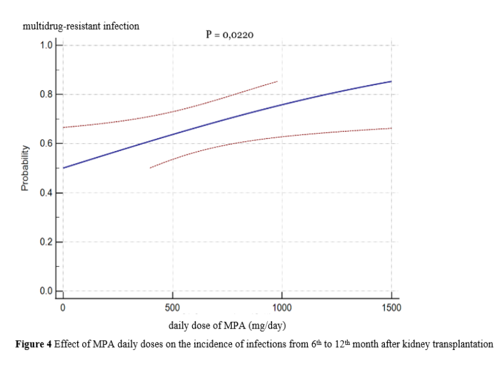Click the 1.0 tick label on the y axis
click(46, 45)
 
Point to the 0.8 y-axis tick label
click(46, 94)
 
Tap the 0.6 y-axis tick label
click(46, 143)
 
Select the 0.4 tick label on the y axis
click(46, 193)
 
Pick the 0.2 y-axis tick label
click(46, 242)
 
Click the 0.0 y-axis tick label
click(46, 290)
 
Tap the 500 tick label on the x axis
click(172, 307)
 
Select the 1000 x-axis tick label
click(282, 307)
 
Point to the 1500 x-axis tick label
click(392, 307)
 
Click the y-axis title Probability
click(25, 168)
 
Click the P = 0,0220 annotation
click(229, 34)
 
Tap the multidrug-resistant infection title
click(80, 25)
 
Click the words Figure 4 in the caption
click(33, 345)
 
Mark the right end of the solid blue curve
click(391, 82)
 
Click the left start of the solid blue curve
click(63, 168)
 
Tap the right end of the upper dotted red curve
click(278, 82)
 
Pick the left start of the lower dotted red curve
click(150, 168)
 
